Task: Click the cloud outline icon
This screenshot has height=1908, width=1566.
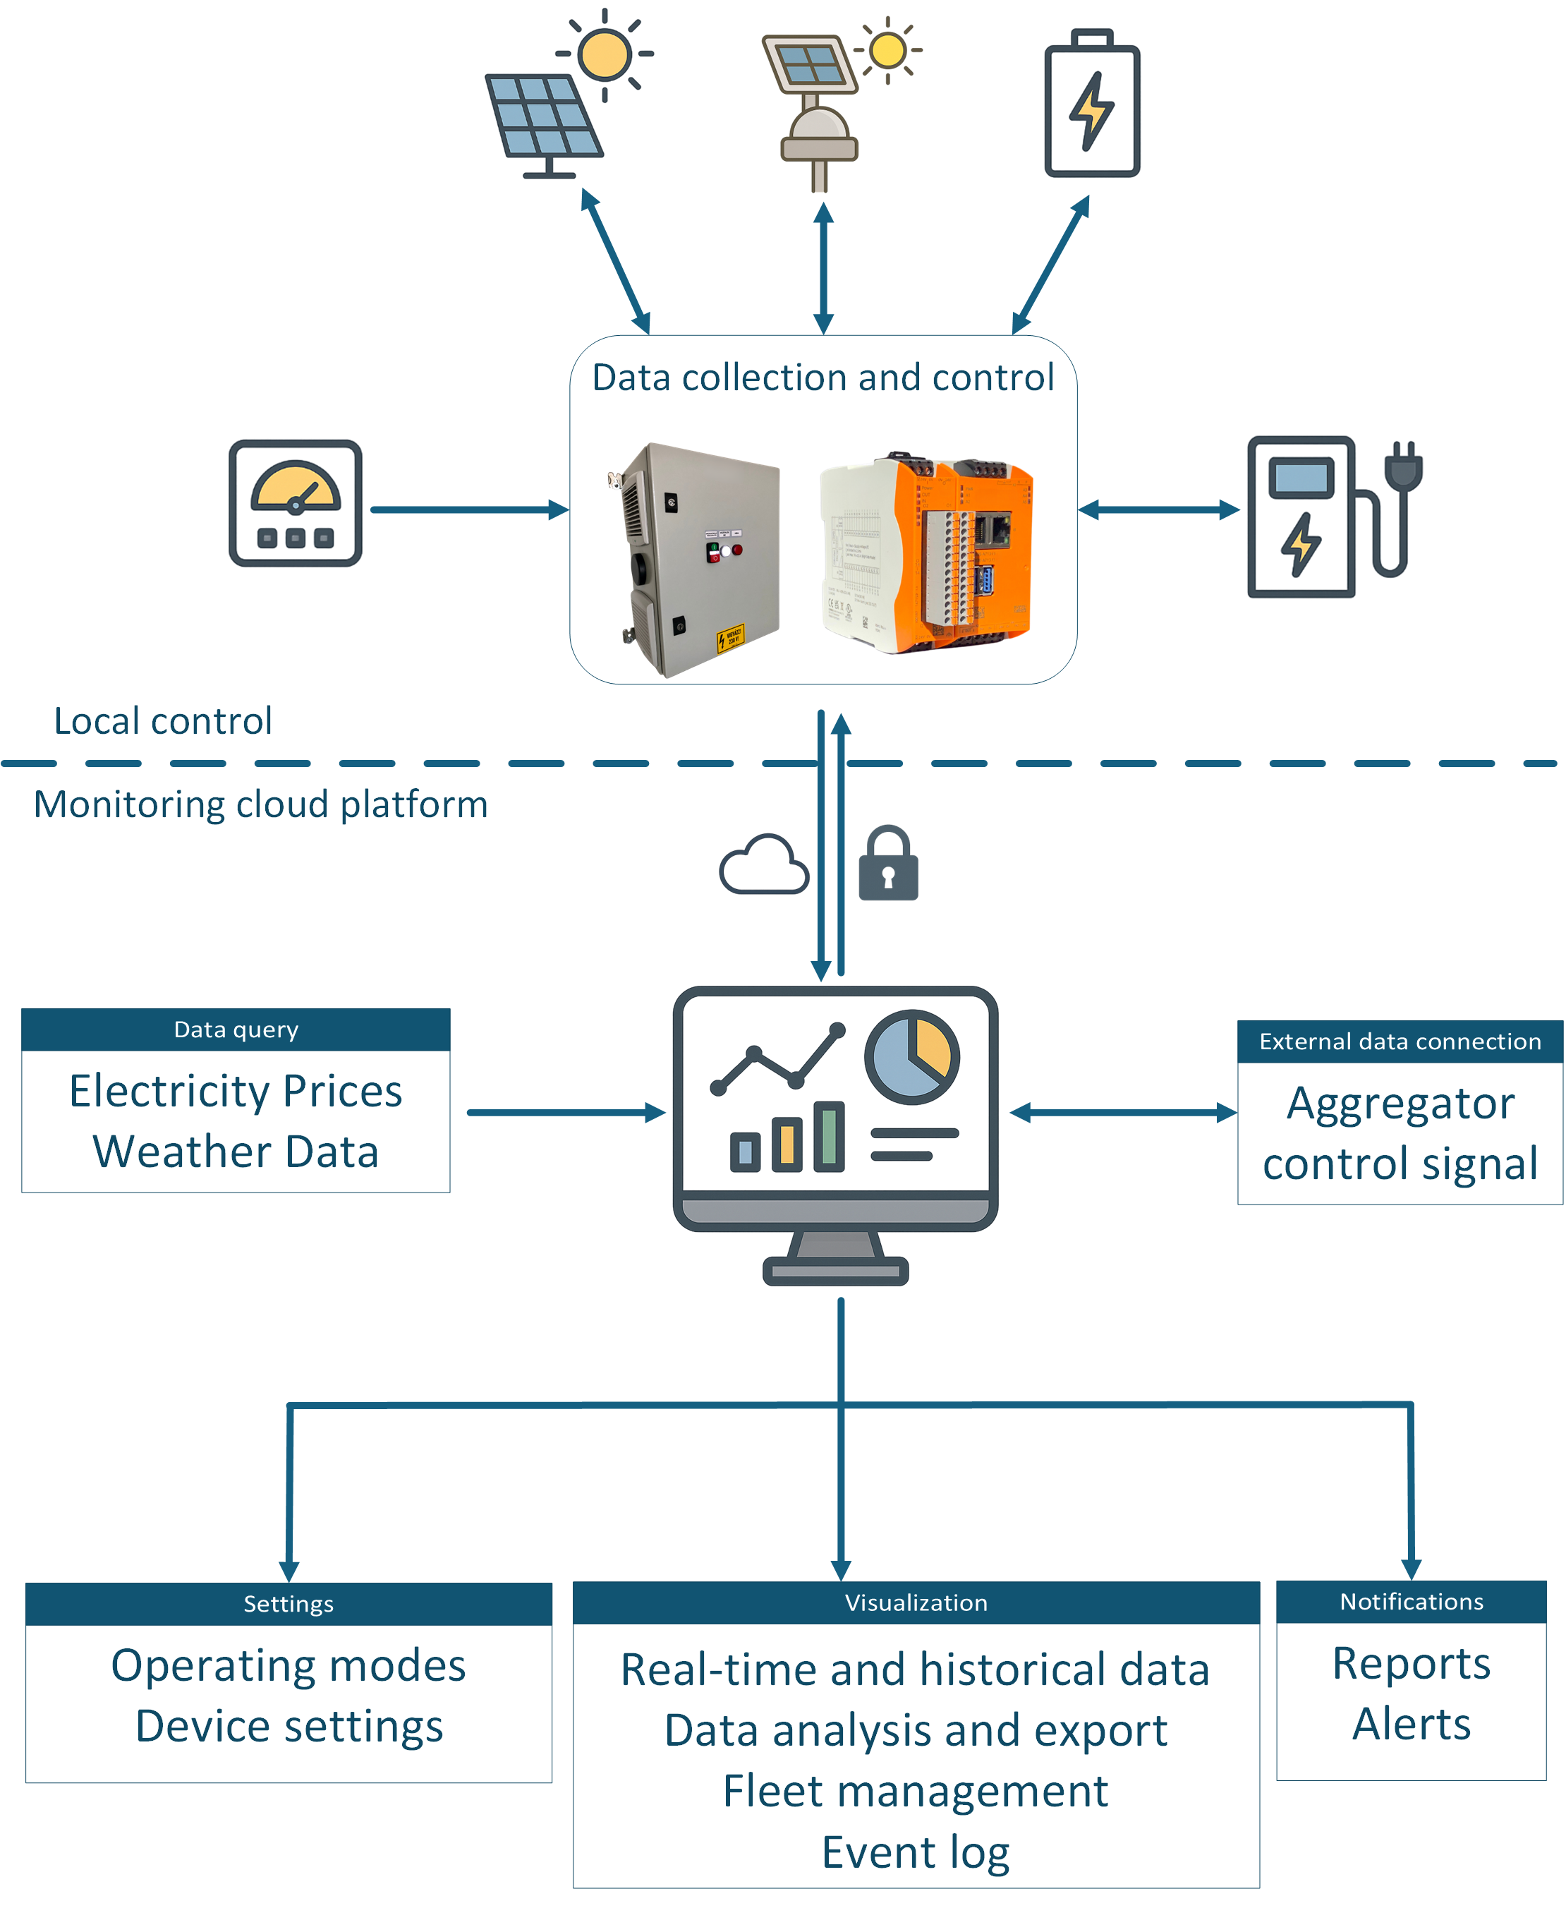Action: pyautogui.click(x=763, y=864)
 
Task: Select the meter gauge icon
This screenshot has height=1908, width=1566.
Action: pyautogui.click(x=295, y=502)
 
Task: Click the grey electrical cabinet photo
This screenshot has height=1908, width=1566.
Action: pyautogui.click(x=693, y=560)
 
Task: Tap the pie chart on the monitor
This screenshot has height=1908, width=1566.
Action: pyautogui.click(x=912, y=1056)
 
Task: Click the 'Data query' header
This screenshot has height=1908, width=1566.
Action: pyautogui.click(x=236, y=1030)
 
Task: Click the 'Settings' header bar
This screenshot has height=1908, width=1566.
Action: pyautogui.click(x=289, y=1603)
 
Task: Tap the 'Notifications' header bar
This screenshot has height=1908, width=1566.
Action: pyautogui.click(x=1411, y=1601)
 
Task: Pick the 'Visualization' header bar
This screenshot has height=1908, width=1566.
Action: pyautogui.click(x=916, y=1602)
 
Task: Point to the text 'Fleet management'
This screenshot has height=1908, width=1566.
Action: pyautogui.click(x=916, y=1791)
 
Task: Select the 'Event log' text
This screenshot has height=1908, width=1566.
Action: pyautogui.click(x=916, y=1853)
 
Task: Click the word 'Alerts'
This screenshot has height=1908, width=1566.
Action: pyautogui.click(x=1412, y=1724)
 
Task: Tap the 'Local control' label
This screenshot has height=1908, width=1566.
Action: pyautogui.click(x=162, y=721)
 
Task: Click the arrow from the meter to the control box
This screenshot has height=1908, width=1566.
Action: pyautogui.click(x=470, y=509)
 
